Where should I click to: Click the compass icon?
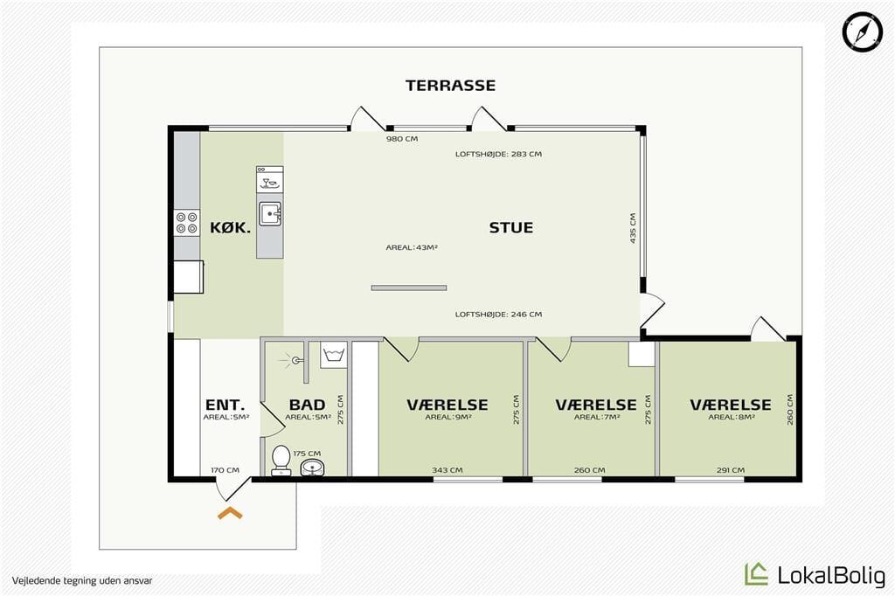[x=863, y=31]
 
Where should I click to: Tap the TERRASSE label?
[x=450, y=86]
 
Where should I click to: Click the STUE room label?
[x=510, y=228]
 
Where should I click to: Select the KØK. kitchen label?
[x=230, y=228]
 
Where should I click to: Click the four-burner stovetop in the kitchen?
[x=187, y=223]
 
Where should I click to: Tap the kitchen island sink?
[x=270, y=213]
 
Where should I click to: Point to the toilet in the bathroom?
[x=281, y=461]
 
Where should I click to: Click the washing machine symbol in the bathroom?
[x=333, y=355]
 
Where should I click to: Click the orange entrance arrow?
[x=230, y=513]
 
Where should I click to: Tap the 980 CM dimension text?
[x=402, y=139]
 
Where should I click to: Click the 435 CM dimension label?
[x=633, y=228]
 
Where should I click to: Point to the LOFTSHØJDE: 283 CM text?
[x=498, y=154]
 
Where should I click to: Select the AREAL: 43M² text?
[x=412, y=248]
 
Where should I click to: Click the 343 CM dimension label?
[x=447, y=470]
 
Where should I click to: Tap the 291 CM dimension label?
[x=731, y=470]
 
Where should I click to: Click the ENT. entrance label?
[x=225, y=405]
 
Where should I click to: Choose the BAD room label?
[x=307, y=405]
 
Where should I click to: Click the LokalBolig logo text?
[x=831, y=575]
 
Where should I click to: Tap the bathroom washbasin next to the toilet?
[x=312, y=468]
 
